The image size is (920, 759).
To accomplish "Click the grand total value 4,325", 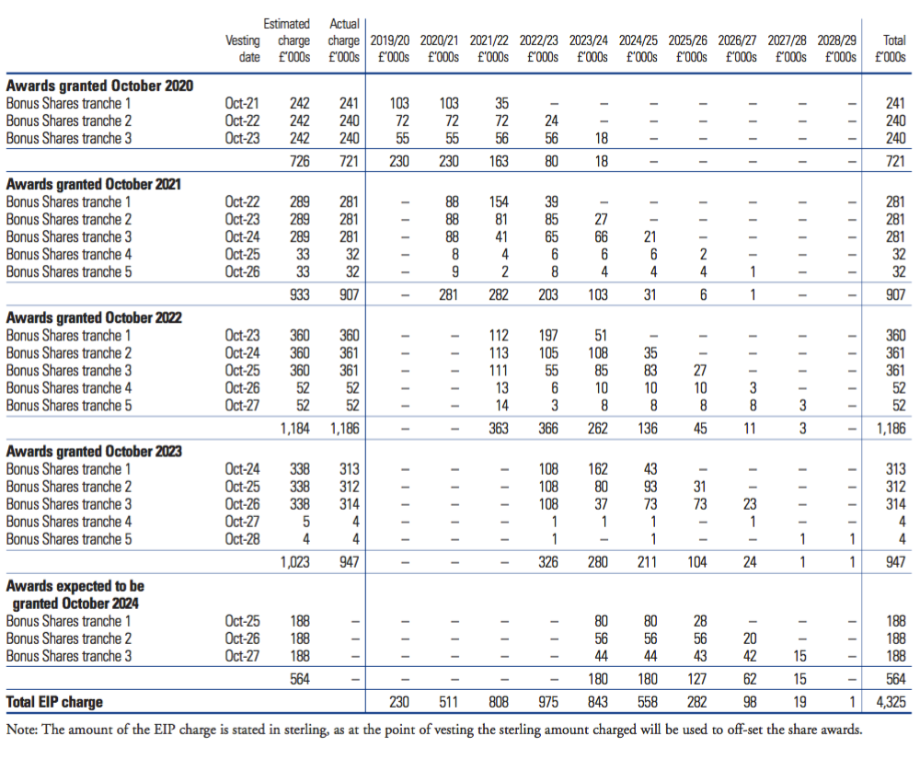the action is point(891,702).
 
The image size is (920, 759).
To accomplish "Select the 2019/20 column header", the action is point(390,49).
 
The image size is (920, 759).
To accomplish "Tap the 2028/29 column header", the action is point(837,49).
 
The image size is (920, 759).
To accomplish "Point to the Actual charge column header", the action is point(344,40).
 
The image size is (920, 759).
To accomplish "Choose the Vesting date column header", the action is point(243,49).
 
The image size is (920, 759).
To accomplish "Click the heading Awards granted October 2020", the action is point(99,86).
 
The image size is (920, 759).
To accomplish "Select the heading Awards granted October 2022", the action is point(94,318).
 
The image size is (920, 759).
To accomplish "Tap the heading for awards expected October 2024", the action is point(75,594).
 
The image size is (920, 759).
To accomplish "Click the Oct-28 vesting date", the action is point(242,539).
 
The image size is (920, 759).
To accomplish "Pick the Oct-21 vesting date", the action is point(242,103).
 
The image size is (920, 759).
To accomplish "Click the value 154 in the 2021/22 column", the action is point(499,201).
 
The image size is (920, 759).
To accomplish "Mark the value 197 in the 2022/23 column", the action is point(548,336).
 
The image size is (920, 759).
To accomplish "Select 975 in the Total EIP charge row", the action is point(548,702).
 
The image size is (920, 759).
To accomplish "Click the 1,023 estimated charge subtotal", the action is point(295,562).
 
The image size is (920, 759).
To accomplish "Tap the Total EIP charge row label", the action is point(54,702).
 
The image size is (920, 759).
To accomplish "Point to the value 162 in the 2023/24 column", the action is point(598,469).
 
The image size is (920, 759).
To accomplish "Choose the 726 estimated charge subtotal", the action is point(300,161).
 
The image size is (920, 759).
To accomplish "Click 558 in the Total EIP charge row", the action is point(648,702).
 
